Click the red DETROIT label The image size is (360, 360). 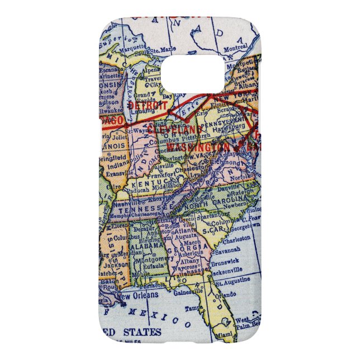[148, 105]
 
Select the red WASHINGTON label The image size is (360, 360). [198, 146]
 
